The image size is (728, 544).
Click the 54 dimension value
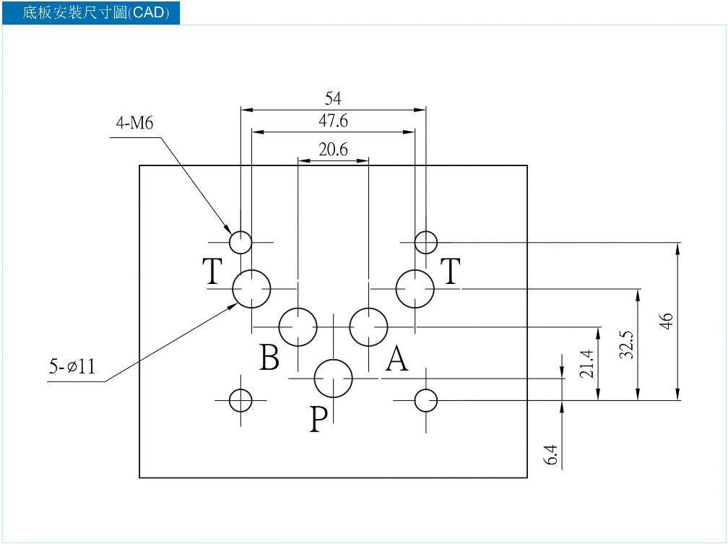[333, 98]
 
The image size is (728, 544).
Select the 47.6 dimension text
[333, 121]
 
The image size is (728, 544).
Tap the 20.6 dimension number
[333, 150]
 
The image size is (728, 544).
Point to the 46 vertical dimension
[666, 321]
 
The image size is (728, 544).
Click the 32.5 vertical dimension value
[626, 344]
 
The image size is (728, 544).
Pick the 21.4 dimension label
[587, 364]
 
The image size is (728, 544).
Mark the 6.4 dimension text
[550, 454]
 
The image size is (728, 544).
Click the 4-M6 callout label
[134, 123]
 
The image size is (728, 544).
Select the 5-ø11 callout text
[72, 366]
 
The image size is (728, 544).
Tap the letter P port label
[318, 419]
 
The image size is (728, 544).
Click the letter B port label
[269, 357]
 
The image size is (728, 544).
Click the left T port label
[212, 271]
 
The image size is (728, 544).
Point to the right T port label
[451, 271]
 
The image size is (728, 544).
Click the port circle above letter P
[334, 359]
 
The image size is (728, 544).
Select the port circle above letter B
[298, 308]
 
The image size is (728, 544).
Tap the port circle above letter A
[368, 308]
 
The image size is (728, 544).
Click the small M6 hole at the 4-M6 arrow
[240, 231]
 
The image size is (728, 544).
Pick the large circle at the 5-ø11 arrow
[251, 269]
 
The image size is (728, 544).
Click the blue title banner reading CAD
[91, 12]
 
